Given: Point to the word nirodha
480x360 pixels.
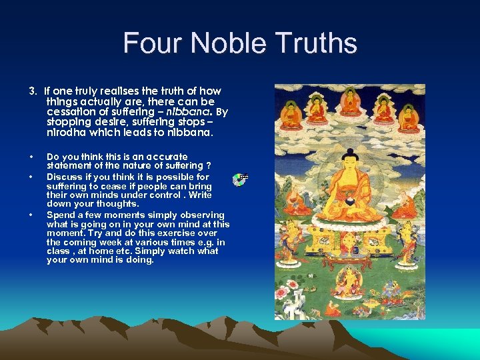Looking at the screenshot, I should [65, 132].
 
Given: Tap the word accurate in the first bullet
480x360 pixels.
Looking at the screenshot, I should [161, 157].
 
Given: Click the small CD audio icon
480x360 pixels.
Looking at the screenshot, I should [242, 179].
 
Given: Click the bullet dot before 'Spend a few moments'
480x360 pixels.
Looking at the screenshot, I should [31, 215].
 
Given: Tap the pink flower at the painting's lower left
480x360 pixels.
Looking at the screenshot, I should [288, 294].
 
